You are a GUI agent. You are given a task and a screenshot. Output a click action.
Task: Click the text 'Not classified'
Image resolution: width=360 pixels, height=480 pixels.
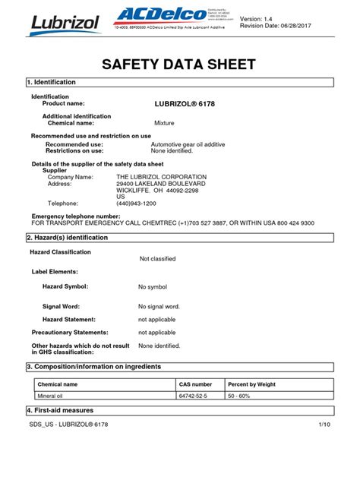click(x=157, y=259)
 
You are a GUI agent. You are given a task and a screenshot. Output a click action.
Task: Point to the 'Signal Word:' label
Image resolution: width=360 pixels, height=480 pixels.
click(x=62, y=306)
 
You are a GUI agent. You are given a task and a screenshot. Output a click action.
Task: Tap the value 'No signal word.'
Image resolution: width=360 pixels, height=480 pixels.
click(x=159, y=306)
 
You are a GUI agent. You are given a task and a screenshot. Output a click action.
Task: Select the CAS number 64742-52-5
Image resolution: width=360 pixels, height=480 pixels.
click(x=195, y=396)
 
